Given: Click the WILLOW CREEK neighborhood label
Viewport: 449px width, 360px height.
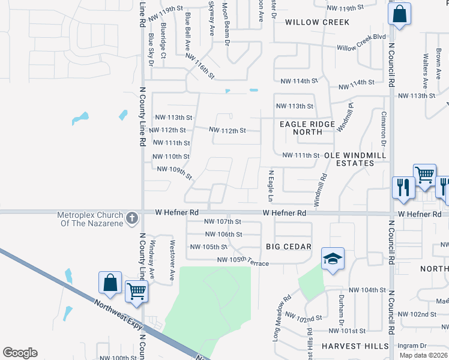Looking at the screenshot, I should [x=317, y=22].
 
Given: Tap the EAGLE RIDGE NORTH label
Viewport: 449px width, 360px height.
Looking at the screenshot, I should [x=305, y=128].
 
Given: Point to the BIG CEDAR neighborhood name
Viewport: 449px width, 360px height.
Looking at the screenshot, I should [x=289, y=247].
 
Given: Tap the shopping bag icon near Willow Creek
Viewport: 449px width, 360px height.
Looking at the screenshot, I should [x=399, y=13].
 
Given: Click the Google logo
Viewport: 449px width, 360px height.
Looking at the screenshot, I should [x=20, y=353].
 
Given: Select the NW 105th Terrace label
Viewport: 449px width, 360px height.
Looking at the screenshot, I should [x=243, y=260].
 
